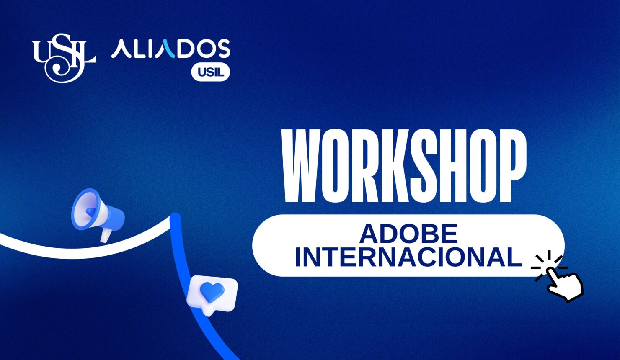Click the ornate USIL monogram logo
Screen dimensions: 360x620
pyautogui.click(x=64, y=57)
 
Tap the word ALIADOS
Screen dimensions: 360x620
pyautogui.click(x=170, y=49)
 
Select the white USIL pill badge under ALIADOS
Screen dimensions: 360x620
pyautogui.click(x=210, y=72)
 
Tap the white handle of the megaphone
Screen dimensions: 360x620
pyautogui.click(x=105, y=235)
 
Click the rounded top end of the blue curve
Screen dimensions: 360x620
pyautogui.click(x=175, y=218)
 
